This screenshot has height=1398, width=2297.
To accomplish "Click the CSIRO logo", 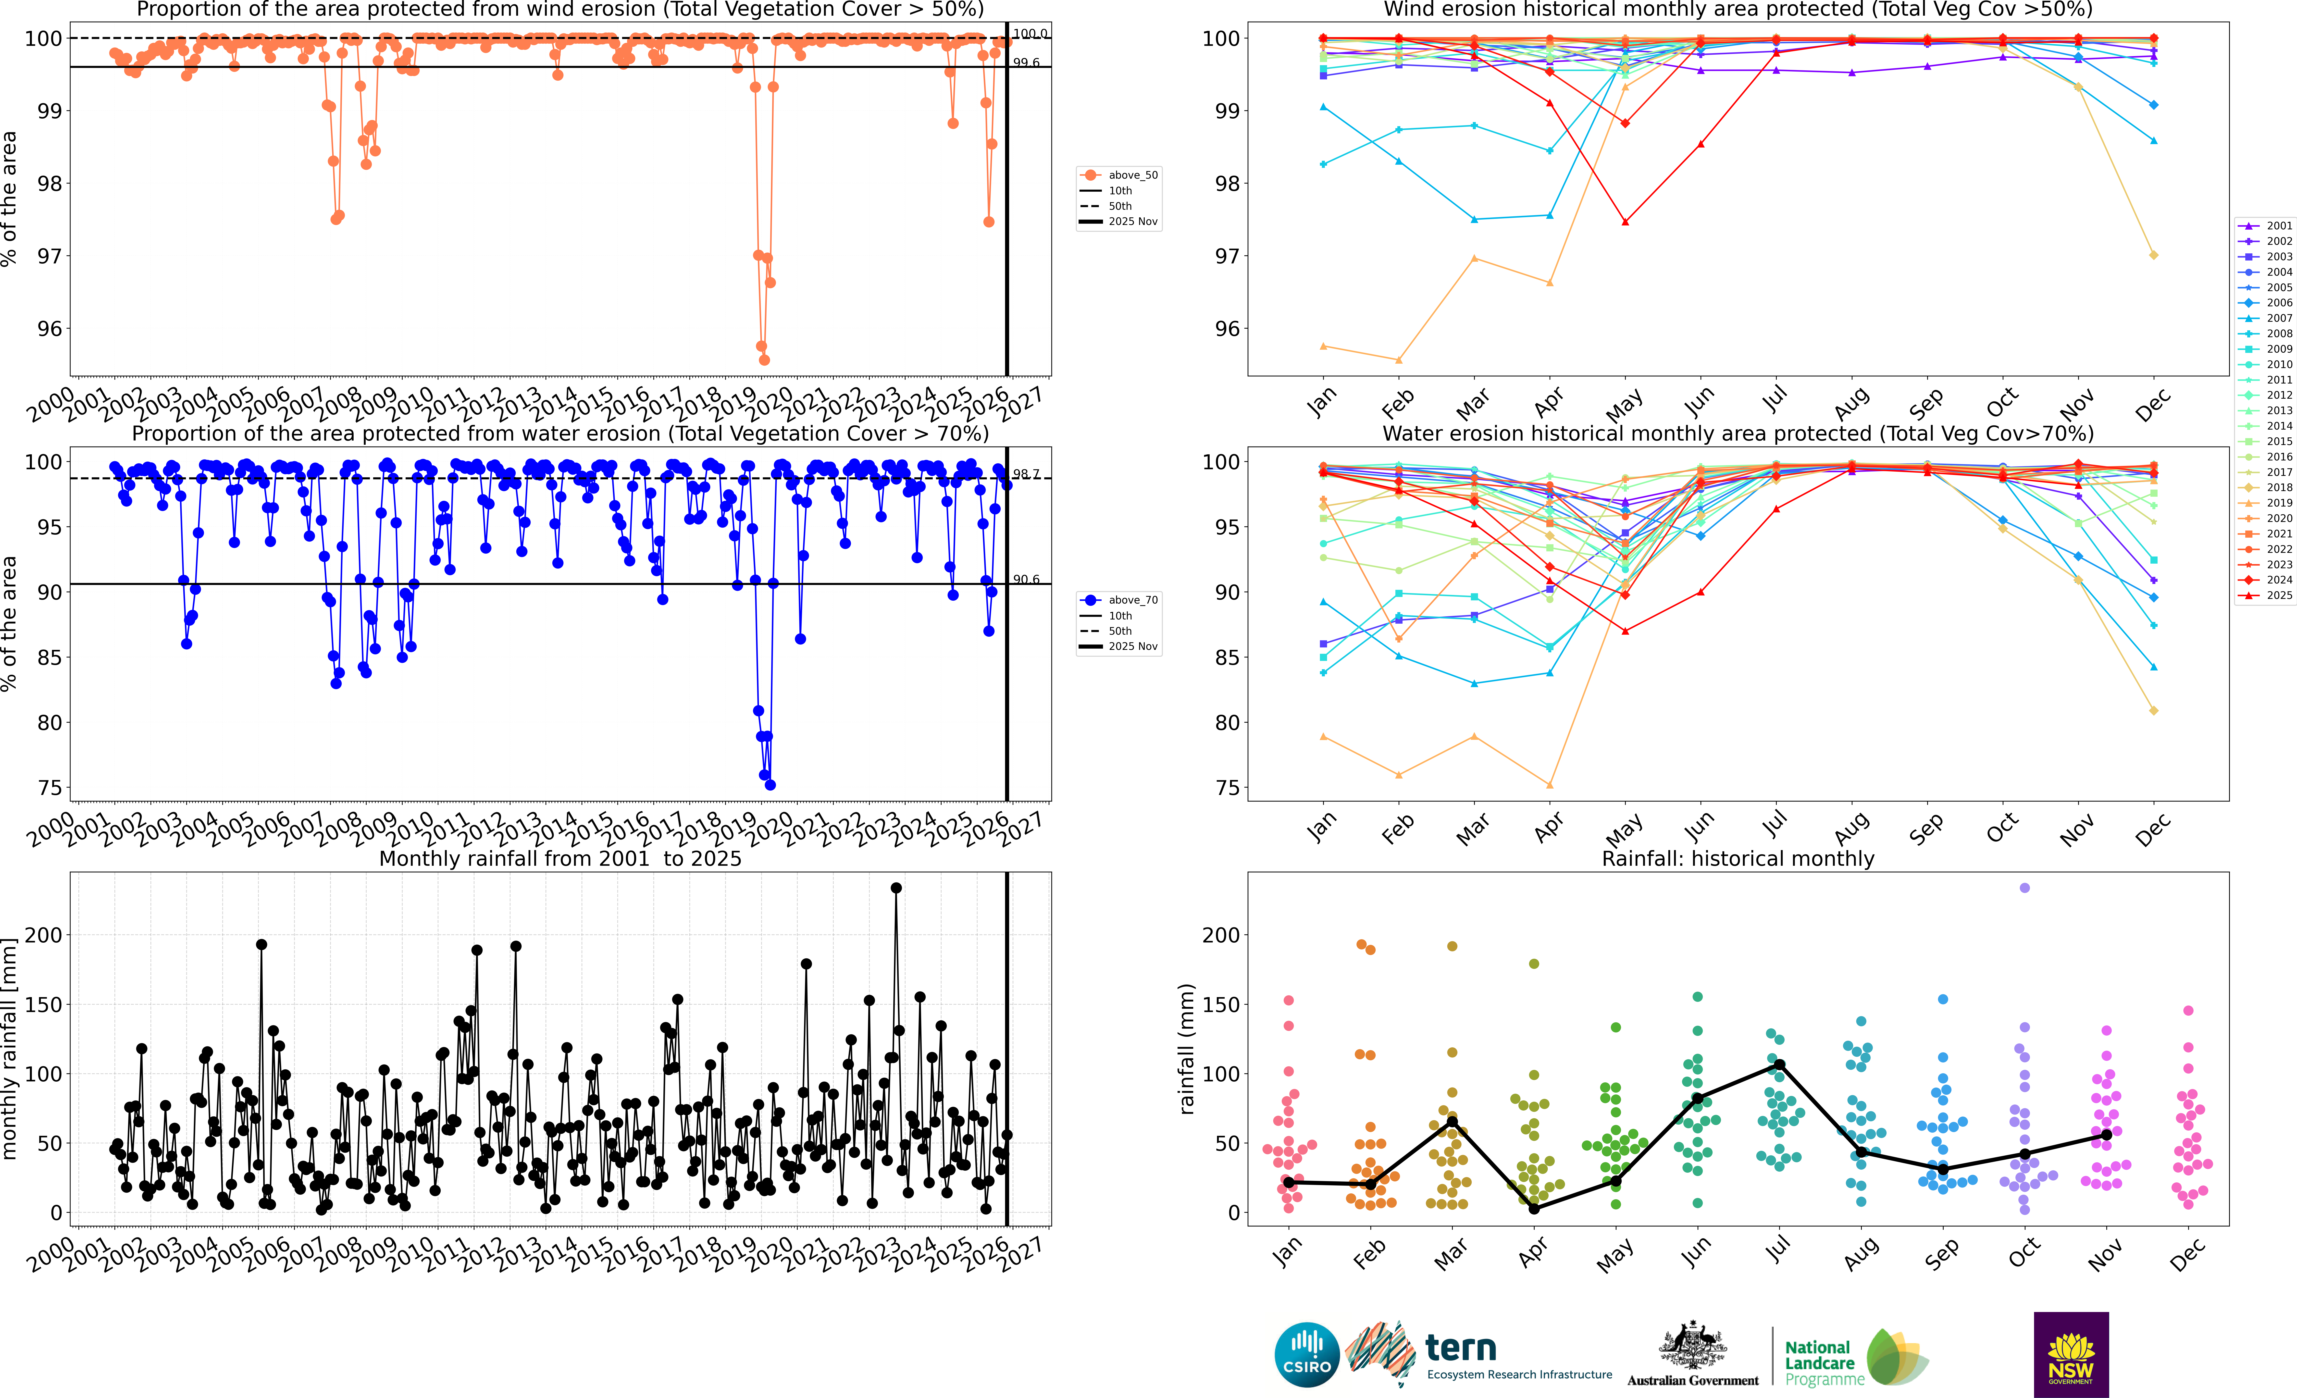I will click(x=1306, y=1354).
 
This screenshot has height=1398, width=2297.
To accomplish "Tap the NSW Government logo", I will click(x=2071, y=1354).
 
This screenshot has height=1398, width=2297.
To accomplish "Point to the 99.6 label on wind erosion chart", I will click(x=1026, y=62).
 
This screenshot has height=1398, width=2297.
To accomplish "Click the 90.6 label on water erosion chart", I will click(x=1026, y=579).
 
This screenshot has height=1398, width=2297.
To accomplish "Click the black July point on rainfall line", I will click(x=1780, y=1064).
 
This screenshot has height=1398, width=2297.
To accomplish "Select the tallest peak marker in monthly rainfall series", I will click(x=896, y=888).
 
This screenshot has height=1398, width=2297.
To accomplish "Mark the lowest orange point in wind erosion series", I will click(x=764, y=360).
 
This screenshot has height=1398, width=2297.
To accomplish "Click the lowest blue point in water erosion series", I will click(x=770, y=785).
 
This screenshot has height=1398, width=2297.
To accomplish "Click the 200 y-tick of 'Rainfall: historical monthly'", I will click(x=1221, y=935).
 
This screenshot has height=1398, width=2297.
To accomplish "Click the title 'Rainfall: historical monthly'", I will click(x=1738, y=858).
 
